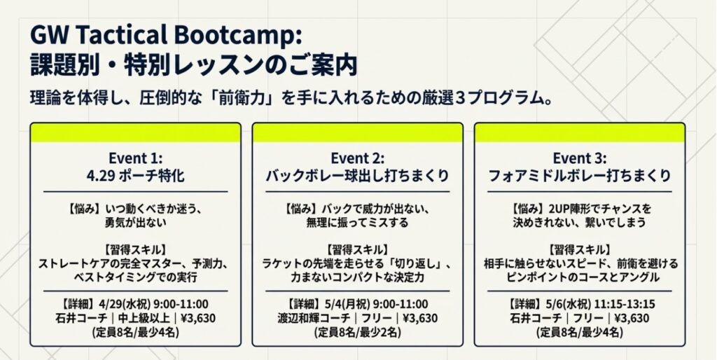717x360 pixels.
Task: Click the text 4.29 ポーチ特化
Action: coord(136,176)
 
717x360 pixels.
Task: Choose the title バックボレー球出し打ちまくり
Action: coord(357,176)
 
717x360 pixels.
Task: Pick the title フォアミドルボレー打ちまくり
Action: coord(579,176)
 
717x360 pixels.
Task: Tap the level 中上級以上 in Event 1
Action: coord(139,318)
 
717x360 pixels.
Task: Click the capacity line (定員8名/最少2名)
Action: coord(357,333)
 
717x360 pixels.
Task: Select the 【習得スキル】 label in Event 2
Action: coord(357,249)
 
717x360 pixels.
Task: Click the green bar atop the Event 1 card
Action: coord(136,132)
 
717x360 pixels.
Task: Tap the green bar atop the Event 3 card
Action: coord(579,132)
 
